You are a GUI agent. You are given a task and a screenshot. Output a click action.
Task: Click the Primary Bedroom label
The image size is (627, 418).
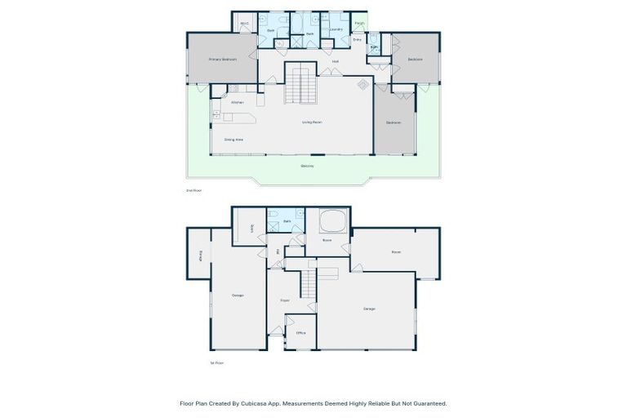pyautogui.click(x=222, y=60)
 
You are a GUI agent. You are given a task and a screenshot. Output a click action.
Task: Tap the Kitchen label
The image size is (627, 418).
pyautogui.click(x=238, y=102)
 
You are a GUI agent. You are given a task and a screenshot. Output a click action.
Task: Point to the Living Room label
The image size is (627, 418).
pyautogui.click(x=312, y=122)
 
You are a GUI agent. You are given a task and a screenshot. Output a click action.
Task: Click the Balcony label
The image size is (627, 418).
pyautogui.click(x=307, y=166)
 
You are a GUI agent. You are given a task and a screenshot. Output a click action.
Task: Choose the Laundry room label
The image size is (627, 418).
pyautogui.click(x=336, y=29)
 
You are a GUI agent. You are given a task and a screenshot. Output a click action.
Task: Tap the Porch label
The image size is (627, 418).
pyautogui.click(x=359, y=24)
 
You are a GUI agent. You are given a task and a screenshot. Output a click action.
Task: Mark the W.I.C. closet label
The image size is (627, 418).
pyautogui.click(x=244, y=24)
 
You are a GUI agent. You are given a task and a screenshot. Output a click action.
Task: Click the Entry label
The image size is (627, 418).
pyautogui.click(x=358, y=39)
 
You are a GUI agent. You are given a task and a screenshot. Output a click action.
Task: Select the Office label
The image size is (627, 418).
pyautogui.click(x=300, y=333)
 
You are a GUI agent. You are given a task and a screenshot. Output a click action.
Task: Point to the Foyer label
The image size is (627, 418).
pyautogui.click(x=285, y=300)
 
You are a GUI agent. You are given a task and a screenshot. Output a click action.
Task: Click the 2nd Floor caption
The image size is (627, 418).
pyautogui.click(x=193, y=190)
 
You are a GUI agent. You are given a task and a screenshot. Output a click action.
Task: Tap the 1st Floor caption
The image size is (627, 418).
pyautogui.click(x=216, y=362)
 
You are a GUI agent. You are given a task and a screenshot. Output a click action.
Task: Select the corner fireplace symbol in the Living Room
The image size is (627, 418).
pyautogui.click(x=362, y=84)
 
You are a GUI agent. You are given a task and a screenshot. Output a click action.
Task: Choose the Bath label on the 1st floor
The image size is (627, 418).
pyautogui.click(x=287, y=221)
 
